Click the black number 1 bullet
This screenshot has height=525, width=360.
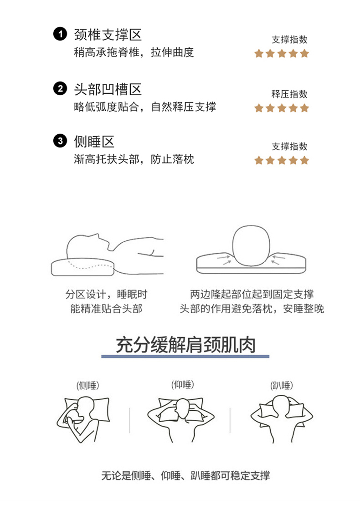coord(60,34)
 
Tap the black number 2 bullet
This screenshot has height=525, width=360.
coord(60,88)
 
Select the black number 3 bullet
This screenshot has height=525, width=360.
coord(60,141)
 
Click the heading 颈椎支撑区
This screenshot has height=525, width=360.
coord(108,35)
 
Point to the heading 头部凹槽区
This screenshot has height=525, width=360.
coord(108,89)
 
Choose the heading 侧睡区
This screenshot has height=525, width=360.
coord(94,141)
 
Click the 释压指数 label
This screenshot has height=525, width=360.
coord(290,94)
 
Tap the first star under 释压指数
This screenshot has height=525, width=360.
coord(259,108)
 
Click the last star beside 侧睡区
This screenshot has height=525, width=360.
coord(304,160)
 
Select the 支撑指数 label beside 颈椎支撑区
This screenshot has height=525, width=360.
coord(290,40)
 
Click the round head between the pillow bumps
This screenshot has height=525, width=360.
coord(251,245)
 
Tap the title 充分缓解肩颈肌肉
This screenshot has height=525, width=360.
coord(186,345)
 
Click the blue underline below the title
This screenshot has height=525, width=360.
coord(185,357)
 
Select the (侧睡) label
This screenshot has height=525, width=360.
coord(88,385)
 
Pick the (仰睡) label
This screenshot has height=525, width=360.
coord(183,384)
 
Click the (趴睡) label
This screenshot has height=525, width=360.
coord(282,385)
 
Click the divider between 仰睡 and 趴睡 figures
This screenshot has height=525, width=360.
coord(230,420)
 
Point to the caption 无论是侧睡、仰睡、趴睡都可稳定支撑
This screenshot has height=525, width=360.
coord(186,475)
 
